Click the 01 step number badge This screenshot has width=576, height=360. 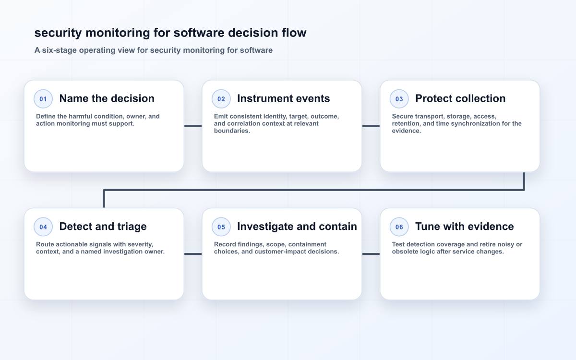(43, 99)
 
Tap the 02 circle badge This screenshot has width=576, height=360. (221, 99)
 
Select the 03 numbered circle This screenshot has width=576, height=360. (399, 99)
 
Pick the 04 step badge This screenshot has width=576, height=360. (43, 227)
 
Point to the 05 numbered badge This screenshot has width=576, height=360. (221, 227)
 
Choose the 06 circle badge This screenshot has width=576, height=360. (399, 227)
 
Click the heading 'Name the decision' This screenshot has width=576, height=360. (107, 98)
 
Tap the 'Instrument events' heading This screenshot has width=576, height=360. (283, 98)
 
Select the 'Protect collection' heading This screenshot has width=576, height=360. (460, 98)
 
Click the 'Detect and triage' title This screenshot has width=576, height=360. (103, 227)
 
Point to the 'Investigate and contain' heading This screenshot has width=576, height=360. (297, 227)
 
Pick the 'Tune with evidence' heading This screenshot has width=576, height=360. (465, 227)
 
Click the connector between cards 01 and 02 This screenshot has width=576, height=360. (193, 126)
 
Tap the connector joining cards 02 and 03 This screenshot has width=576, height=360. (371, 126)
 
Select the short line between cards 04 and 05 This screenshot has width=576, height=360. (193, 254)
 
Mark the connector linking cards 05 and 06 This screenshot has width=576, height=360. (371, 254)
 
